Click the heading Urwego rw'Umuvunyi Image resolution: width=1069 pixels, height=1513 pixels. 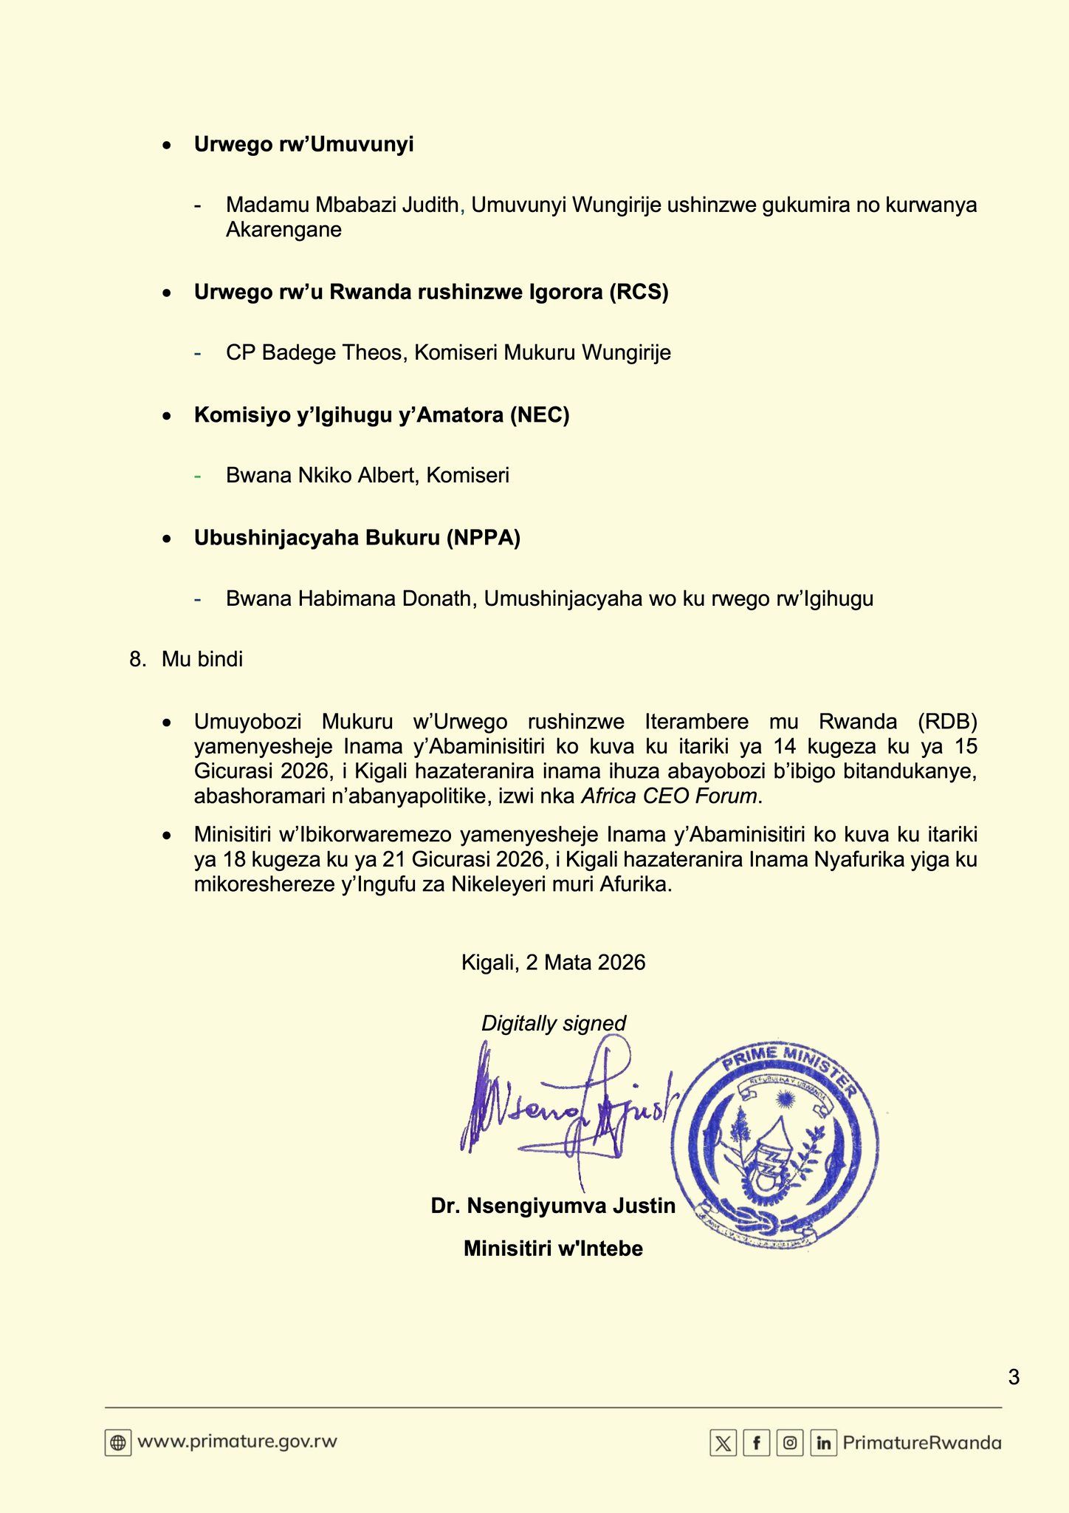pos(303,145)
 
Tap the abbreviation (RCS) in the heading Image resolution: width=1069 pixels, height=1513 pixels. pos(639,293)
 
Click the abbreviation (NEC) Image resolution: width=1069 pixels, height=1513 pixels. pos(540,415)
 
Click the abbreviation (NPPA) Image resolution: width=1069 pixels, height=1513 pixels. pos(483,538)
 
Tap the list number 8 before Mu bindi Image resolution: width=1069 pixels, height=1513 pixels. pos(136,659)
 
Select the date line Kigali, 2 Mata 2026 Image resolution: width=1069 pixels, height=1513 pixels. pos(553,962)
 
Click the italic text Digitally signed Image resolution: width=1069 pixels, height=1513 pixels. pos(553,1023)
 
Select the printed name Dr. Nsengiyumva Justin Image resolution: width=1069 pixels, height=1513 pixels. pos(553,1206)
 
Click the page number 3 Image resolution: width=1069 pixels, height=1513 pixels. pos(1013,1377)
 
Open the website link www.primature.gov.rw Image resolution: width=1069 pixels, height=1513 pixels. pos(237,1441)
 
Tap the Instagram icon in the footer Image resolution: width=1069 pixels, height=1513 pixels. pos(790,1443)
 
